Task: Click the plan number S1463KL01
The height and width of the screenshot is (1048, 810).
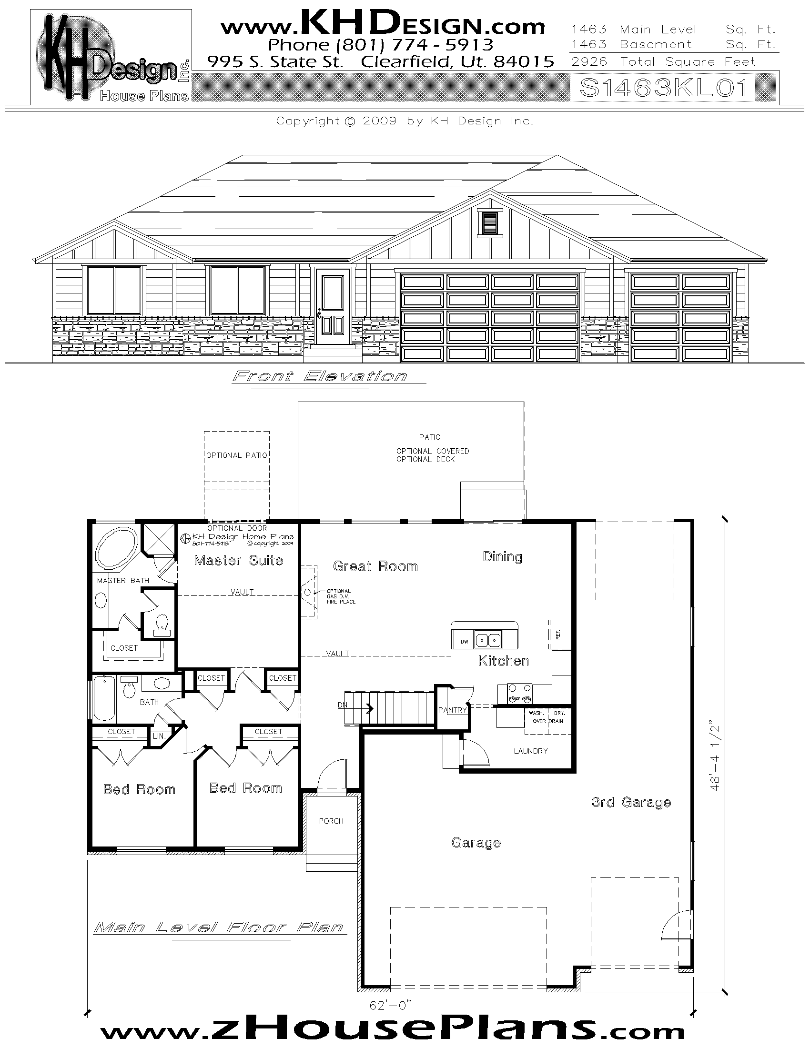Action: pyautogui.click(x=664, y=88)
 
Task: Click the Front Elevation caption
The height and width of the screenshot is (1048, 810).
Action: pyautogui.click(x=320, y=376)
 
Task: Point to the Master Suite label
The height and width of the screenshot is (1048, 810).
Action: pyautogui.click(x=239, y=561)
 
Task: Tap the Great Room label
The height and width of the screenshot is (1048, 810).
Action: pyautogui.click(x=375, y=566)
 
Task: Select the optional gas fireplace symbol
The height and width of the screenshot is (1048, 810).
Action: pyautogui.click(x=308, y=593)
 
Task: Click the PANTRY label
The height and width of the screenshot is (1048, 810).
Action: pyautogui.click(x=452, y=710)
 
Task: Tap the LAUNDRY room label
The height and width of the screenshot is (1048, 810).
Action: pyautogui.click(x=530, y=751)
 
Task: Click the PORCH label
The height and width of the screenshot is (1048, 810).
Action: pyautogui.click(x=331, y=821)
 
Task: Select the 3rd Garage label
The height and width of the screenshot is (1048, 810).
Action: pyautogui.click(x=631, y=802)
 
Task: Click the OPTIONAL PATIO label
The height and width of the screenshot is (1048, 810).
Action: pyautogui.click(x=237, y=455)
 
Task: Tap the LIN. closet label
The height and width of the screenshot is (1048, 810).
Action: pyautogui.click(x=159, y=736)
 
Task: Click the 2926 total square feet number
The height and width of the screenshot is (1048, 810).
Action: pyautogui.click(x=589, y=62)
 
